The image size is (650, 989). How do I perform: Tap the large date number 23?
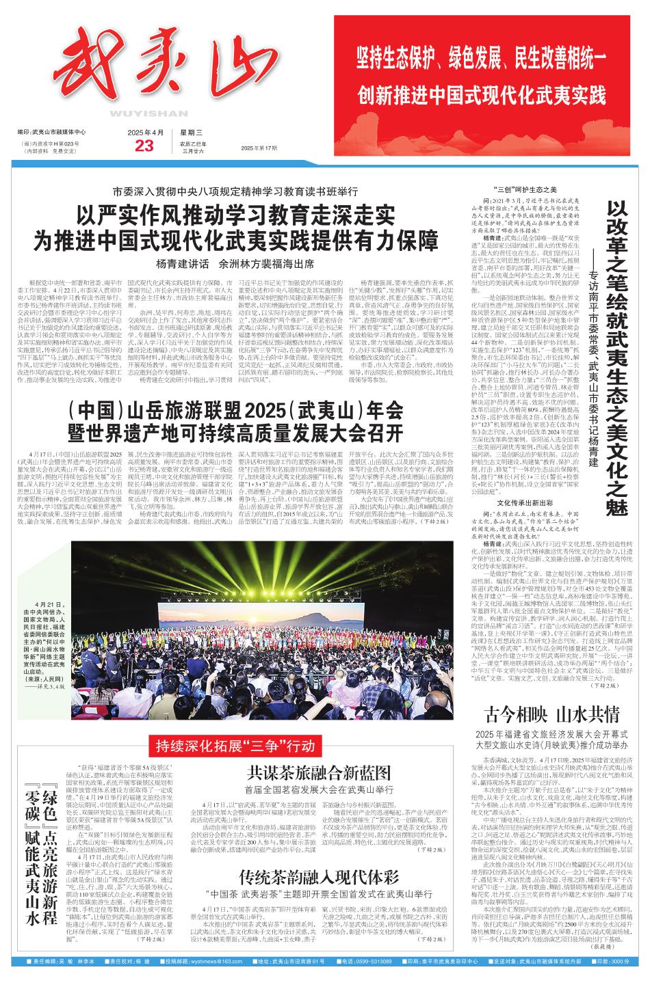point(145,146)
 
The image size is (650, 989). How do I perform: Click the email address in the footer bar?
point(206,980)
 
